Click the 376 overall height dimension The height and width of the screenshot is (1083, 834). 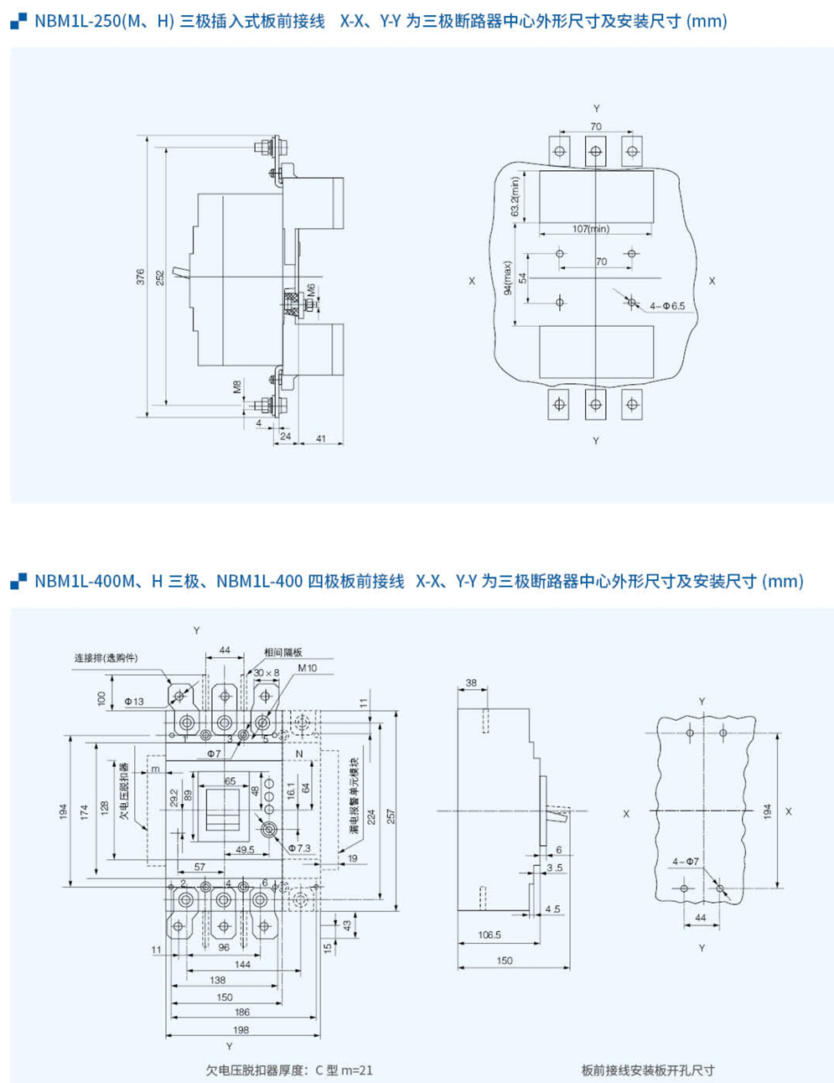[141, 276]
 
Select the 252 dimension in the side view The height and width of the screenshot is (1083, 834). [159, 276]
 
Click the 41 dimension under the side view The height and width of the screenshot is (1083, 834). [321, 438]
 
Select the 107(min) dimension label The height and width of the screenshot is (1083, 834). [591, 229]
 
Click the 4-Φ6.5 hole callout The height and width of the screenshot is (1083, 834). [667, 306]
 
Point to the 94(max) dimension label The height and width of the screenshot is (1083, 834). [507, 277]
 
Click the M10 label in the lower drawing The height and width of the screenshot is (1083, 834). [307, 668]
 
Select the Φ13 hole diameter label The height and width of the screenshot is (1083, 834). [134, 702]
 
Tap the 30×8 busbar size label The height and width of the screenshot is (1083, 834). [266, 672]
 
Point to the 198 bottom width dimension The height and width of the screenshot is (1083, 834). [241, 1029]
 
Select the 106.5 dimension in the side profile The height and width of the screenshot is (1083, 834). [489, 935]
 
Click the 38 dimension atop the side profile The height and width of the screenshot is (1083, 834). [470, 683]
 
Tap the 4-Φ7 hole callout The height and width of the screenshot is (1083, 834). [685, 861]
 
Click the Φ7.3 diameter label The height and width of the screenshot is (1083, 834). [298, 848]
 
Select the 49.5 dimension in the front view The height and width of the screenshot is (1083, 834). [245, 849]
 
